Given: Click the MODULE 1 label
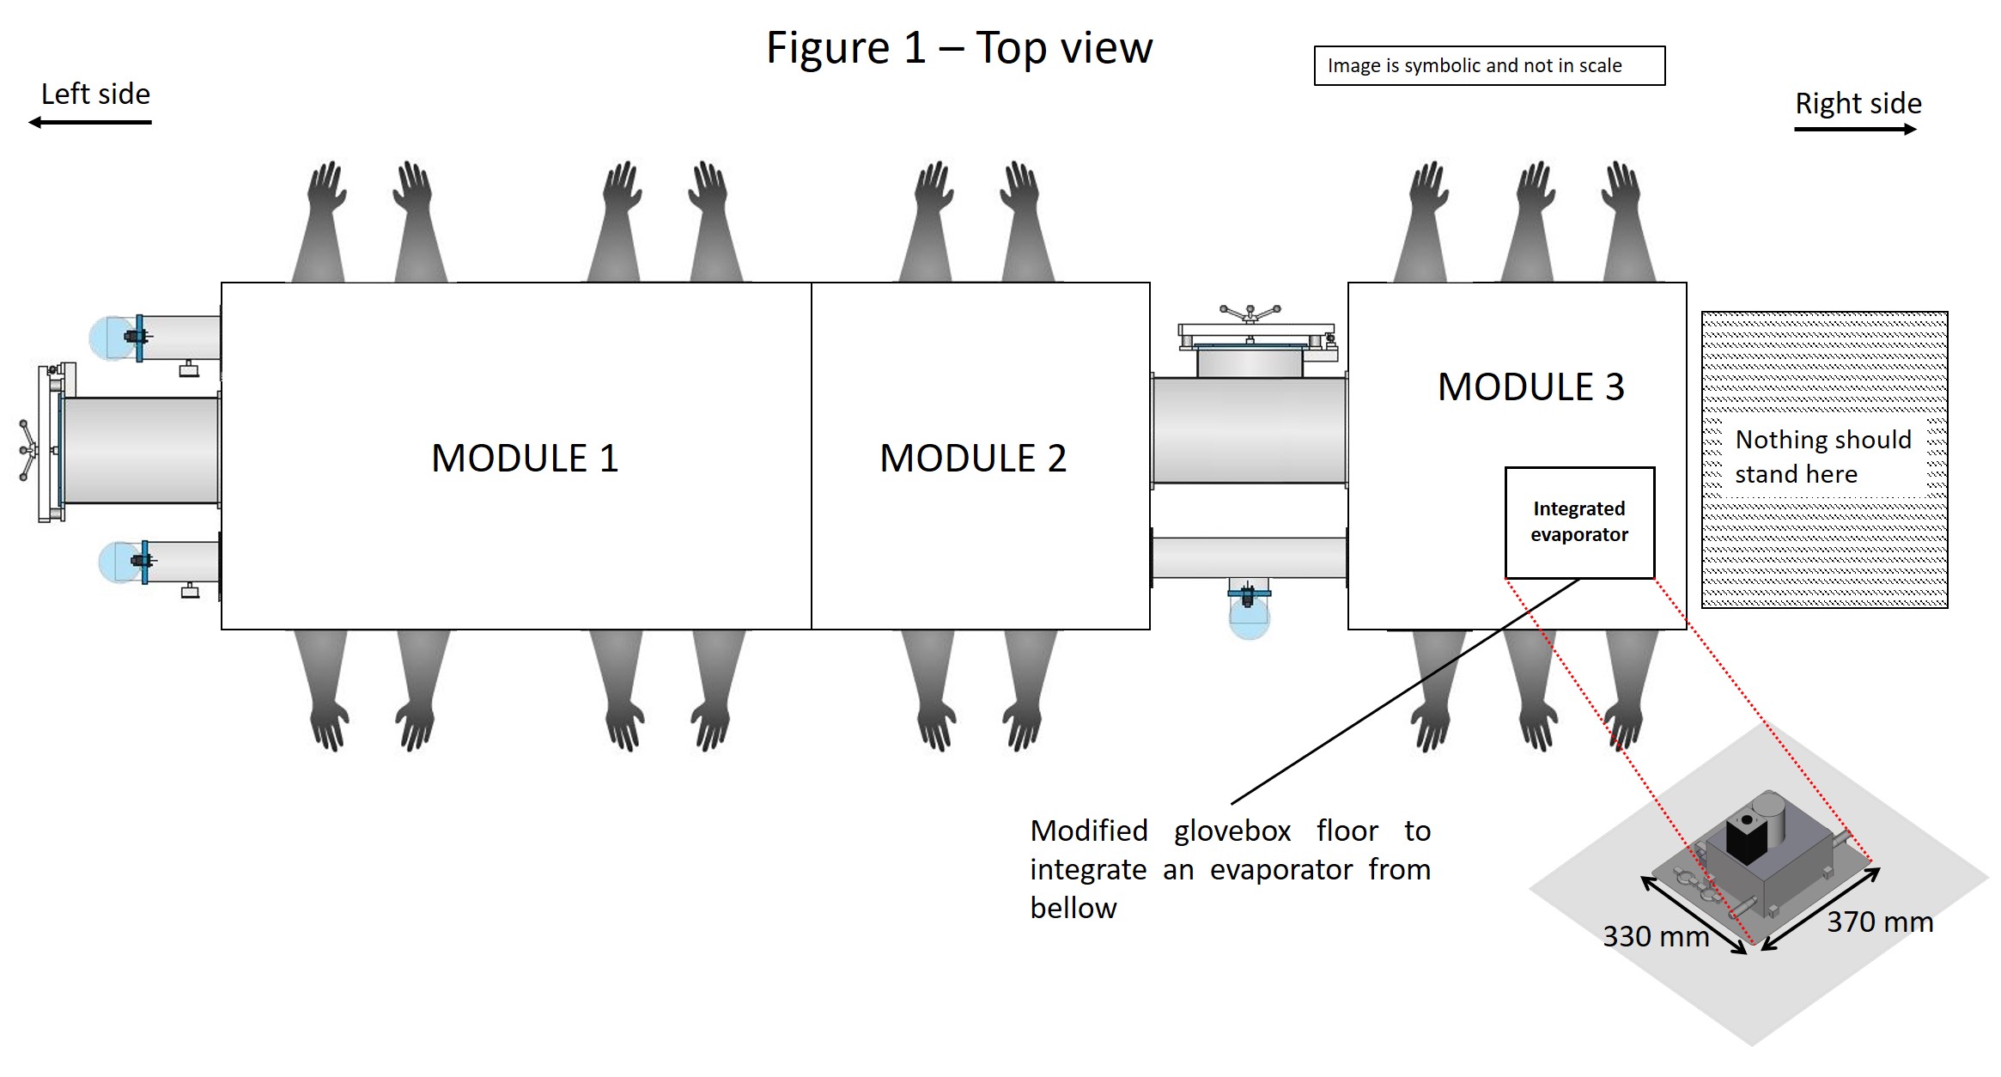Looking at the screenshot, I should (525, 458).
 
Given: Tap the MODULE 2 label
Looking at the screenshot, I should (973, 458).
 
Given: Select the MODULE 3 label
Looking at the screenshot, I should (1530, 386).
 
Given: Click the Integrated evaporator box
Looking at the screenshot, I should (1579, 522).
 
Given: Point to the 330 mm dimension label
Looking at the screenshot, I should (1655, 936).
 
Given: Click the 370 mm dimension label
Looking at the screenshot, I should (1879, 922).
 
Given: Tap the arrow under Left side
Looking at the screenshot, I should (90, 123).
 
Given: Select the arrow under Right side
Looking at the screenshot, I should (1855, 130).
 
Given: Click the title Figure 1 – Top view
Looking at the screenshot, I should (958, 47).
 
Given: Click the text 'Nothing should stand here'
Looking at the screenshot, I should (1822, 457).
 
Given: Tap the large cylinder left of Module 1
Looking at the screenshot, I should (140, 450).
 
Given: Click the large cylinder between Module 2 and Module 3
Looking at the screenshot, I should (1249, 430).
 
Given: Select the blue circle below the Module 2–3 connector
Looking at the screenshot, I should (1249, 618).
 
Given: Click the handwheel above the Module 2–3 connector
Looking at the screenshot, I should (1250, 313).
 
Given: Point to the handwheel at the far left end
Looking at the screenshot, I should (28, 450).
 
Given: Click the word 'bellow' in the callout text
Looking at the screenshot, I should (1073, 909).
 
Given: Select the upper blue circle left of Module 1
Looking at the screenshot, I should (112, 338).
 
